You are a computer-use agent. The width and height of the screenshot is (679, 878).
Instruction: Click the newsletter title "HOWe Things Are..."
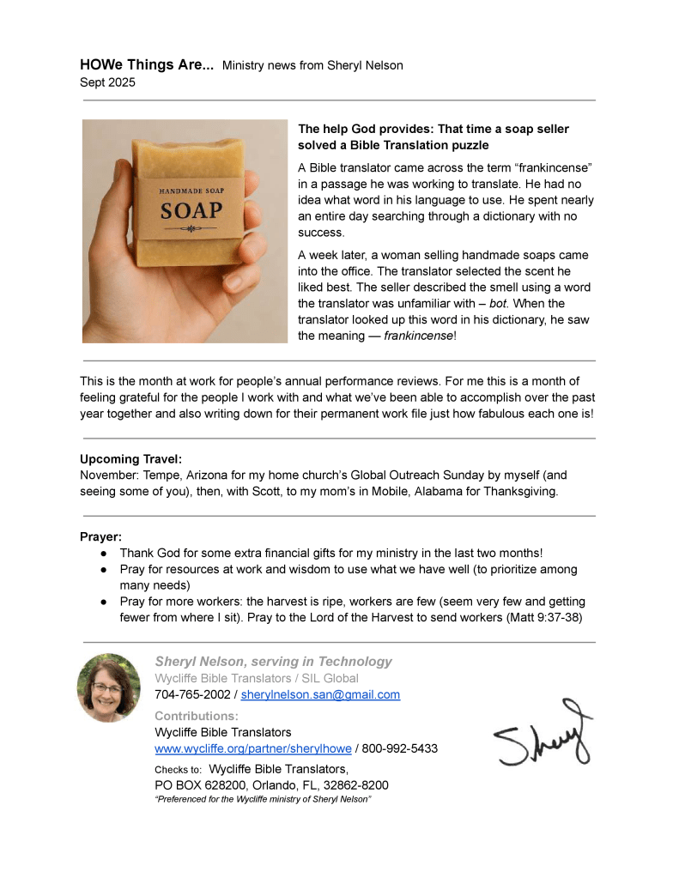[147, 64]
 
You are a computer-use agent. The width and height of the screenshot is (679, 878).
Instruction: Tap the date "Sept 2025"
[107, 83]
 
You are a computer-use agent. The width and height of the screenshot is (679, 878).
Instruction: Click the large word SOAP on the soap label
[191, 209]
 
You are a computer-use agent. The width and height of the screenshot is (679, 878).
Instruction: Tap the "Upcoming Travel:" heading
[130, 459]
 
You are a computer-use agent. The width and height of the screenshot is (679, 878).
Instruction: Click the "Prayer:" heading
[100, 537]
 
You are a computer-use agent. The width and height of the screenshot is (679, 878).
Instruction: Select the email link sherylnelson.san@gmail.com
[320, 694]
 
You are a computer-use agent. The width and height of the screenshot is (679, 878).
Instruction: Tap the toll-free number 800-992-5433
[400, 748]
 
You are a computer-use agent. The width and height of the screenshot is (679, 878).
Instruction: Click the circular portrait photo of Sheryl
[108, 687]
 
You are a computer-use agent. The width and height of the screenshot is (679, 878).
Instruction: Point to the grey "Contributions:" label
[197, 716]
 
